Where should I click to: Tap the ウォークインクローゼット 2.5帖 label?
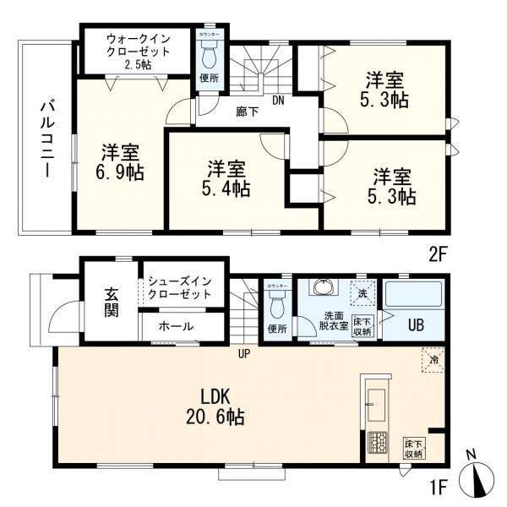click(x=138, y=51)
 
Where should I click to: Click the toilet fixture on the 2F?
click(x=208, y=57)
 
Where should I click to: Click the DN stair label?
click(x=277, y=101)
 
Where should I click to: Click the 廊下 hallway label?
click(x=248, y=111)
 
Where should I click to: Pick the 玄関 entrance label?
click(x=111, y=303)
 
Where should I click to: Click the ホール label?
click(x=175, y=326)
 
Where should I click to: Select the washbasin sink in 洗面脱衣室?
click(x=322, y=290)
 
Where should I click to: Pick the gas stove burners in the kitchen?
click(x=376, y=442)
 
